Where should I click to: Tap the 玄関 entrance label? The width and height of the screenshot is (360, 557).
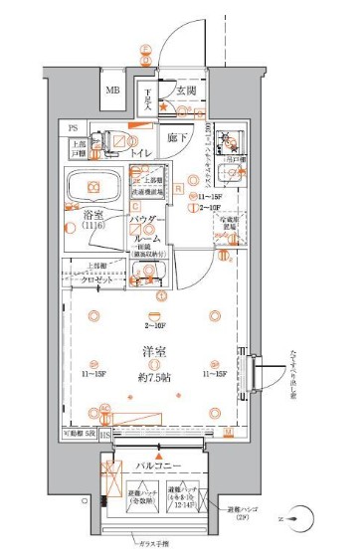186,92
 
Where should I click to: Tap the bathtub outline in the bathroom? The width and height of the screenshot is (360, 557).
92,186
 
